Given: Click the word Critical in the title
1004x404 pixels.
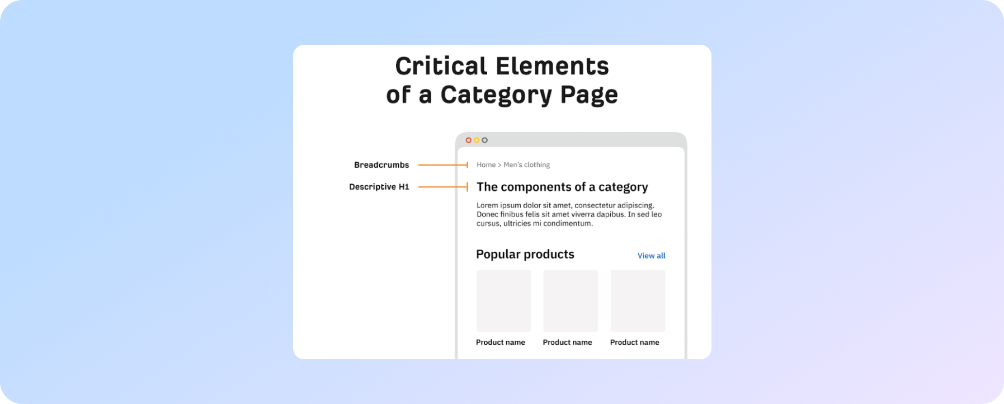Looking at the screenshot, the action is click(441, 66).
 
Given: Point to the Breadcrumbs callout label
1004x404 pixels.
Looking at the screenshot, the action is click(381, 165).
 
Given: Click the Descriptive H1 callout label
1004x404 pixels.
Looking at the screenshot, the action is click(379, 187).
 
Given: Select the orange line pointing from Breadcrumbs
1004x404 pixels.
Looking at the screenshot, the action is click(443, 165).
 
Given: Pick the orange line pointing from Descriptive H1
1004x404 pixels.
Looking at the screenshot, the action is click(443, 187).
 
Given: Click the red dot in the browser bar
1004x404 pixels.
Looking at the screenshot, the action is click(469, 140).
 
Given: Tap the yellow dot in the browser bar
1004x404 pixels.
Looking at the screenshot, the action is click(477, 140).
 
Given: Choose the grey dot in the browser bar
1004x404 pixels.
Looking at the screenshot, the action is click(485, 140).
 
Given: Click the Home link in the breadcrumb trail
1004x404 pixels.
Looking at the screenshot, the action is click(486, 165).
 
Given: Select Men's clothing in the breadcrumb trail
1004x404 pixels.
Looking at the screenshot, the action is click(527, 165).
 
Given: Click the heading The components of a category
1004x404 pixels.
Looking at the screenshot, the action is click(562, 187).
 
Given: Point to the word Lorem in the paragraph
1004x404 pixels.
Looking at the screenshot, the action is click(487, 205).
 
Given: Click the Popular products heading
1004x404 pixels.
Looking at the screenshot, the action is click(525, 255).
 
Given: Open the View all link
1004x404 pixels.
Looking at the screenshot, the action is click(652, 256).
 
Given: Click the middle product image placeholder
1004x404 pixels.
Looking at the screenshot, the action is click(571, 300).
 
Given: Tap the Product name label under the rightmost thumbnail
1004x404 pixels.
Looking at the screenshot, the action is click(635, 342).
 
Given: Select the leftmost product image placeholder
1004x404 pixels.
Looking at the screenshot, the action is click(504, 300).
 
